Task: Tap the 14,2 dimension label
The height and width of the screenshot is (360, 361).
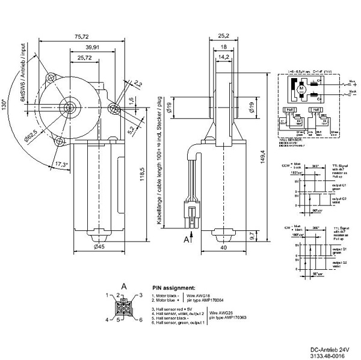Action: pyautogui.click(x=223, y=58)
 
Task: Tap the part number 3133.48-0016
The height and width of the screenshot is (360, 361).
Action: pyautogui.click(x=330, y=355)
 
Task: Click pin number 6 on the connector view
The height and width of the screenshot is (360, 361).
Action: pyautogui.click(x=141, y=320)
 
